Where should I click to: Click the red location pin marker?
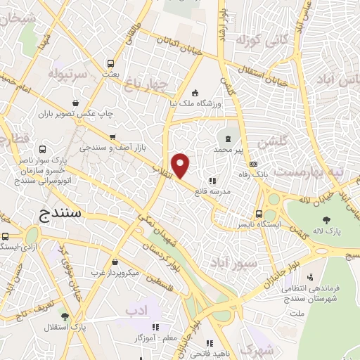point(181,166)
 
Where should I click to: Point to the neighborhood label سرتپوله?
point(68,73)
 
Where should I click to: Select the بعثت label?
point(109,73)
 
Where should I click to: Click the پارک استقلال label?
point(70,327)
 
